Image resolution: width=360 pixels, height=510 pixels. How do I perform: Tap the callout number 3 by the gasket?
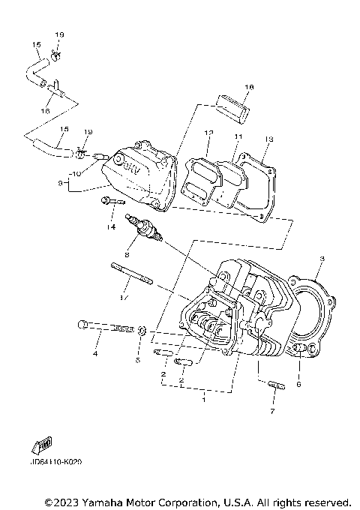click(x=321, y=259)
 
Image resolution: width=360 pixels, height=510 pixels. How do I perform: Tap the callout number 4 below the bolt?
click(x=96, y=352)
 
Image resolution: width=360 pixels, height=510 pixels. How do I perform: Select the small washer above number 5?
click(x=140, y=329)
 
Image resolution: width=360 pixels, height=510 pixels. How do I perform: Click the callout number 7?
click(x=272, y=412)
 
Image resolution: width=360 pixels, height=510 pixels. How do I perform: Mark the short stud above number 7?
click(x=275, y=386)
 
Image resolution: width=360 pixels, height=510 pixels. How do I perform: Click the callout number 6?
click(x=298, y=384)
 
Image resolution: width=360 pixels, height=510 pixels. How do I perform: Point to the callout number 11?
click(x=238, y=136)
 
